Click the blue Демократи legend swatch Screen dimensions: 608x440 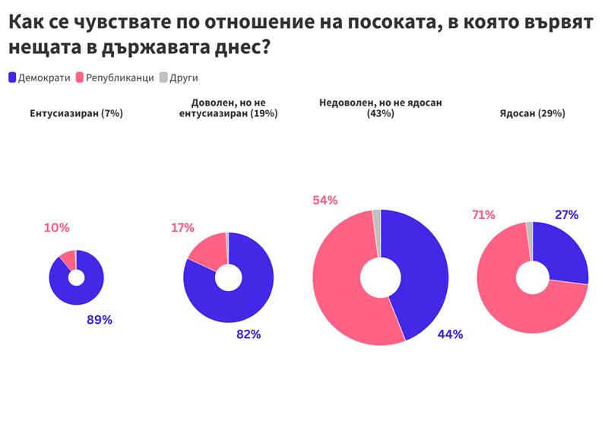pos(12,78)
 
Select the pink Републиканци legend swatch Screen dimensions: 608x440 pos(80,78)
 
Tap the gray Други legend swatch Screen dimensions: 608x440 pos(163,78)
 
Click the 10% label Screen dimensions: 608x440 pos(56,227)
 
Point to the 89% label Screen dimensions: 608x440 pos(100,320)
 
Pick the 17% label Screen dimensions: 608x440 pos(182,227)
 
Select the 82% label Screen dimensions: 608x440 pos(249,334)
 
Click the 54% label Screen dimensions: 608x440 pos(325,201)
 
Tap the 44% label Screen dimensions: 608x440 pos(450,334)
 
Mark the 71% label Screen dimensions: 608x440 pos(483,215)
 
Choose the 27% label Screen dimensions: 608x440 pos(566,215)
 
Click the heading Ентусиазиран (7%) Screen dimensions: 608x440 pos(77,113)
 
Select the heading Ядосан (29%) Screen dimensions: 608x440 pos(533,113)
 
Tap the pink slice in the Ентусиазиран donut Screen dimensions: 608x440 pos(68,259)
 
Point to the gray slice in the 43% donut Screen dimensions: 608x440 pos(377,233)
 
